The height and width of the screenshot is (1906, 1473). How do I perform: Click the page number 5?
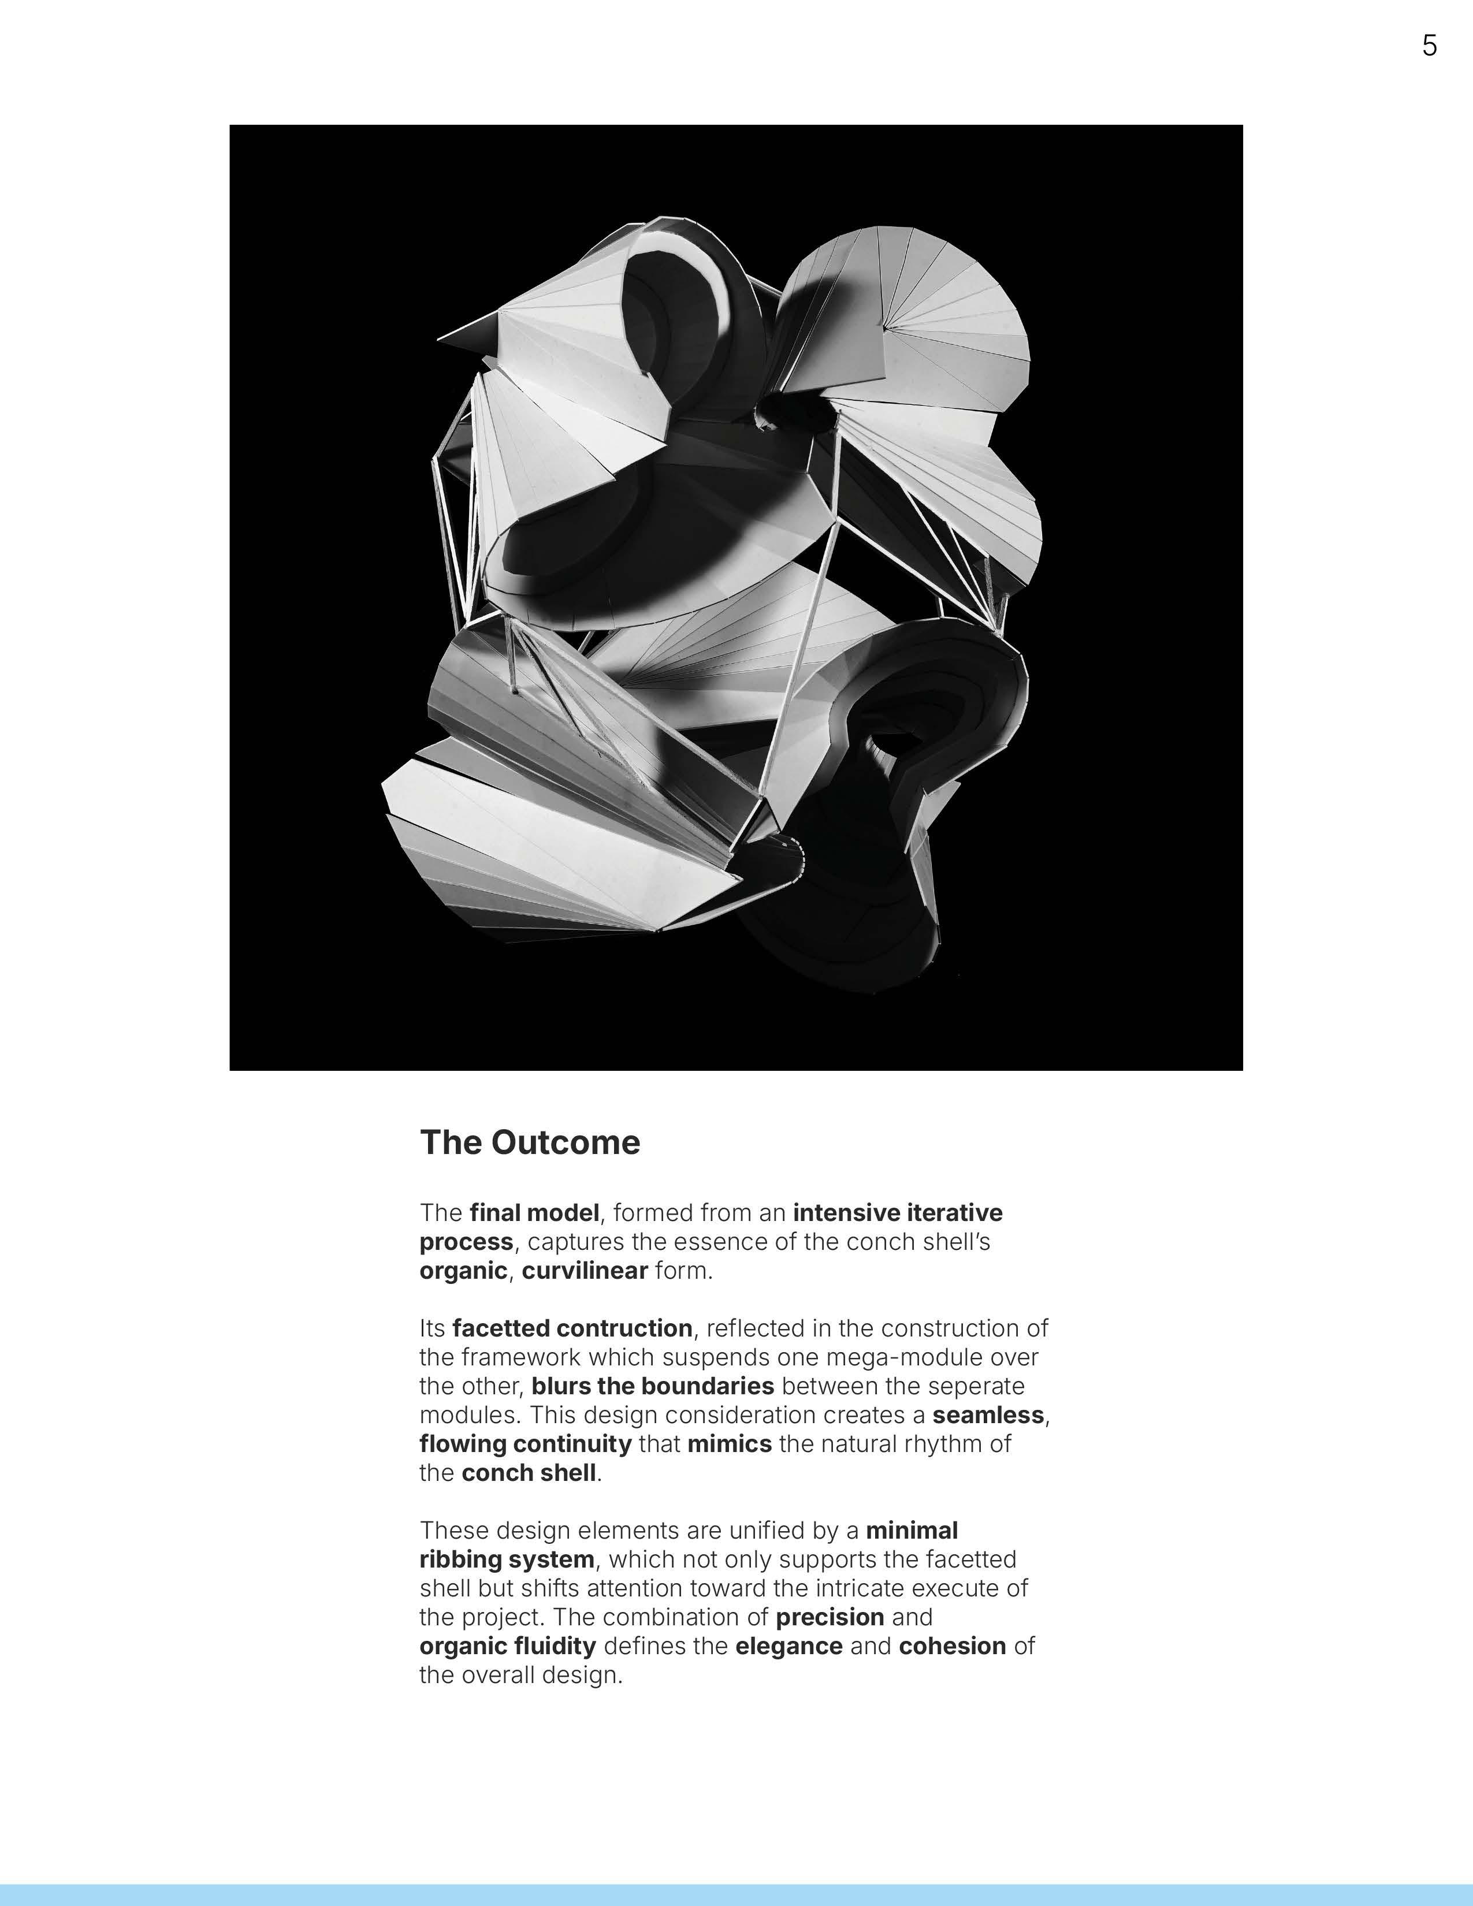[1429, 46]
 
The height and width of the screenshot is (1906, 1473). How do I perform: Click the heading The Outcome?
[530, 1142]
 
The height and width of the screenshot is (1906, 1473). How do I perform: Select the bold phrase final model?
[534, 1212]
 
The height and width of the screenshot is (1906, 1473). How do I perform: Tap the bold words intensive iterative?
[897, 1212]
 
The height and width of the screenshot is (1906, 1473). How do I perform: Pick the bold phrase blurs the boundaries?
[653, 1386]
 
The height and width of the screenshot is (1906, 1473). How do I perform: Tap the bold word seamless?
[988, 1414]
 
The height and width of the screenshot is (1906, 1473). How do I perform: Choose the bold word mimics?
[730, 1443]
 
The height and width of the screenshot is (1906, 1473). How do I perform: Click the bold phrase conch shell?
[529, 1472]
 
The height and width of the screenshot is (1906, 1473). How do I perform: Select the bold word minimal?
[912, 1530]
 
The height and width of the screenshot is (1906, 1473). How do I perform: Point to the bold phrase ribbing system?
[507, 1559]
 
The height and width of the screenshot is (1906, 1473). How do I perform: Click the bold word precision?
[830, 1617]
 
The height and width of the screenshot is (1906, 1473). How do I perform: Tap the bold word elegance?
[789, 1646]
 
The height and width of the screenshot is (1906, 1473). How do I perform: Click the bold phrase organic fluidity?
[508, 1646]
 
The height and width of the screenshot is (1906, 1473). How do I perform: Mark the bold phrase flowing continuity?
[525, 1443]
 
